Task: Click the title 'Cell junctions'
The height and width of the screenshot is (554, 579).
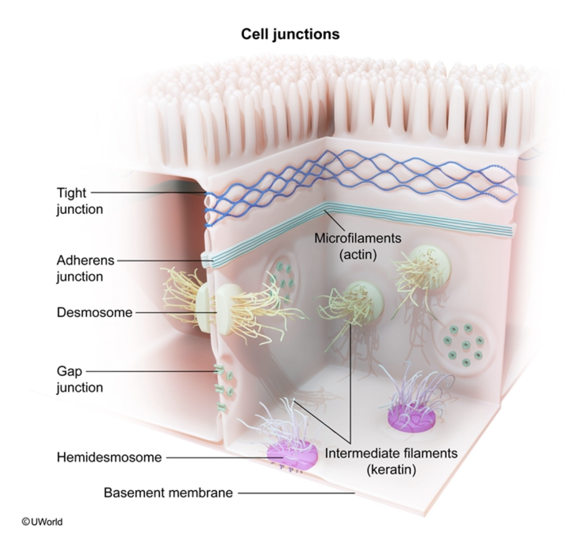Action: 290,34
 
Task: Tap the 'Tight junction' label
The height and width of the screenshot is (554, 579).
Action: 79,201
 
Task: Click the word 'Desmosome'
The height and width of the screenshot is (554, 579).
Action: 94,312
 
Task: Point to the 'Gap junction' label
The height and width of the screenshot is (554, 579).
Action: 79,380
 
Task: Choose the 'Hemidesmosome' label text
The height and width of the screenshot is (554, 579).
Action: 109,457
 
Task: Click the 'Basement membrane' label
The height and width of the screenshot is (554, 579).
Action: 168,492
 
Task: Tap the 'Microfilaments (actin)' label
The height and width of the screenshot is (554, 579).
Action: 357,246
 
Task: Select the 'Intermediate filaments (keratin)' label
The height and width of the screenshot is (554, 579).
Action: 391,461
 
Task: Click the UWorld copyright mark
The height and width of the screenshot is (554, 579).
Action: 42,522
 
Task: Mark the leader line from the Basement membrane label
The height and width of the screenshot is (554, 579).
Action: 297,493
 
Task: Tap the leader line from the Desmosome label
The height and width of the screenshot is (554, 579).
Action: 176,312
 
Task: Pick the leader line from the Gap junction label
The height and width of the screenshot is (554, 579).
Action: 151,372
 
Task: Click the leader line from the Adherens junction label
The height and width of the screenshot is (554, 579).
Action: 161,260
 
